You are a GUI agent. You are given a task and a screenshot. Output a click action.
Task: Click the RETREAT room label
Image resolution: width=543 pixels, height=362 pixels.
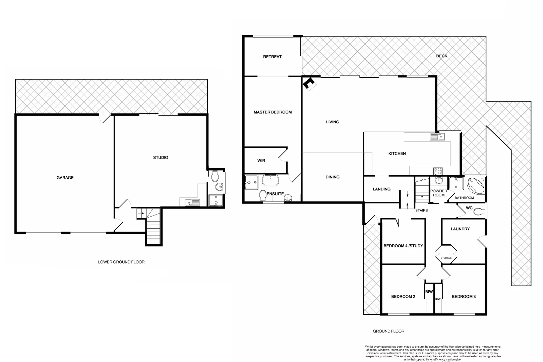(272, 57)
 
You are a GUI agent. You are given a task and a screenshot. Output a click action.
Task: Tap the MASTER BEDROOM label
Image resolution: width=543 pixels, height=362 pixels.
(273, 112)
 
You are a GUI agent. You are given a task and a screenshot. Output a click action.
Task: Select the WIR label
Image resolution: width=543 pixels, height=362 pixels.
(261, 161)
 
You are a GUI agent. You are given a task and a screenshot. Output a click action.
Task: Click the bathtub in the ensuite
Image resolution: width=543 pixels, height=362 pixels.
(270, 181)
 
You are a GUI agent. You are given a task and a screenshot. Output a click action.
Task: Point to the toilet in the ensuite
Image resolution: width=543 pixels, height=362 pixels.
(263, 195)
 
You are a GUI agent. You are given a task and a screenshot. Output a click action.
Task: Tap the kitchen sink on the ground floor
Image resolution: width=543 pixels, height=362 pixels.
(437, 136)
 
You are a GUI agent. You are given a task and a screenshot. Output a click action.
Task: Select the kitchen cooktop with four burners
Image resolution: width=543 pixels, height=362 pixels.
(438, 171)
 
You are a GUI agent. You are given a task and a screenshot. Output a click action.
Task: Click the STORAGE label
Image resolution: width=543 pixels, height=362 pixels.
(446, 258)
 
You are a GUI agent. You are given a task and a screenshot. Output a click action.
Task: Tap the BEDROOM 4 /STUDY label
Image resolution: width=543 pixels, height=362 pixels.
(403, 246)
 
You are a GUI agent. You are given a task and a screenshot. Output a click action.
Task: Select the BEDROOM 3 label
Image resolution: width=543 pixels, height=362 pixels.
(464, 296)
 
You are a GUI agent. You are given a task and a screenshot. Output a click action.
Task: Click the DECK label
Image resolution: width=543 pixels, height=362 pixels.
(441, 56)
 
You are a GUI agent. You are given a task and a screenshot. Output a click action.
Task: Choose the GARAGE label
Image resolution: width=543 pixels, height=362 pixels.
(65, 178)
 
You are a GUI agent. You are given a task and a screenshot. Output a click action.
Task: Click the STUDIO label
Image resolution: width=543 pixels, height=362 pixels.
(161, 158)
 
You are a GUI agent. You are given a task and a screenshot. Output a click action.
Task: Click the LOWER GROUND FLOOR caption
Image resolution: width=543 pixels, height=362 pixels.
(121, 262)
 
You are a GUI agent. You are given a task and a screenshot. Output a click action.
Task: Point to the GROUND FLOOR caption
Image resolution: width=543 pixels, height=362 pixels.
(388, 331)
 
